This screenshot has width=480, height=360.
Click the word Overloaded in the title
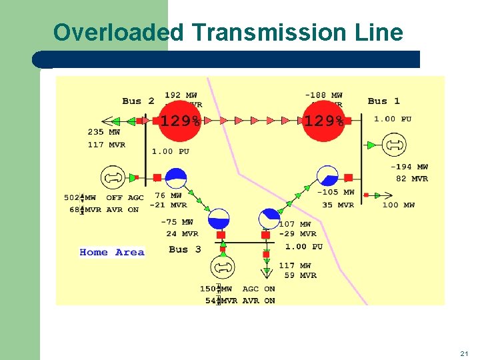[110, 32]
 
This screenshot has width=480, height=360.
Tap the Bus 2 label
[138, 101]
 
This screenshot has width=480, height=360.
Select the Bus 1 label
[383, 101]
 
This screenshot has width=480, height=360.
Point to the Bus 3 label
[185, 249]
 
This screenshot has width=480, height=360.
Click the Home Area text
[111, 252]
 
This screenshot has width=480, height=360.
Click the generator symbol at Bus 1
[394, 145]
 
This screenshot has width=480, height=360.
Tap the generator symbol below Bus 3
[222, 268]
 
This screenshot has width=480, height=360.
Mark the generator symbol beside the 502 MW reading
[113, 178]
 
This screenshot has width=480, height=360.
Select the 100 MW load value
[398, 205]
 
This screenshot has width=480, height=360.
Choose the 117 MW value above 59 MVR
[294, 265]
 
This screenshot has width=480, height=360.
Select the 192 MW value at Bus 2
[181, 96]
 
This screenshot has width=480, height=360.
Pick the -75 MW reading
[177, 223]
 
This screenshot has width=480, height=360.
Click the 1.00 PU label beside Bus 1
[392, 119]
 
